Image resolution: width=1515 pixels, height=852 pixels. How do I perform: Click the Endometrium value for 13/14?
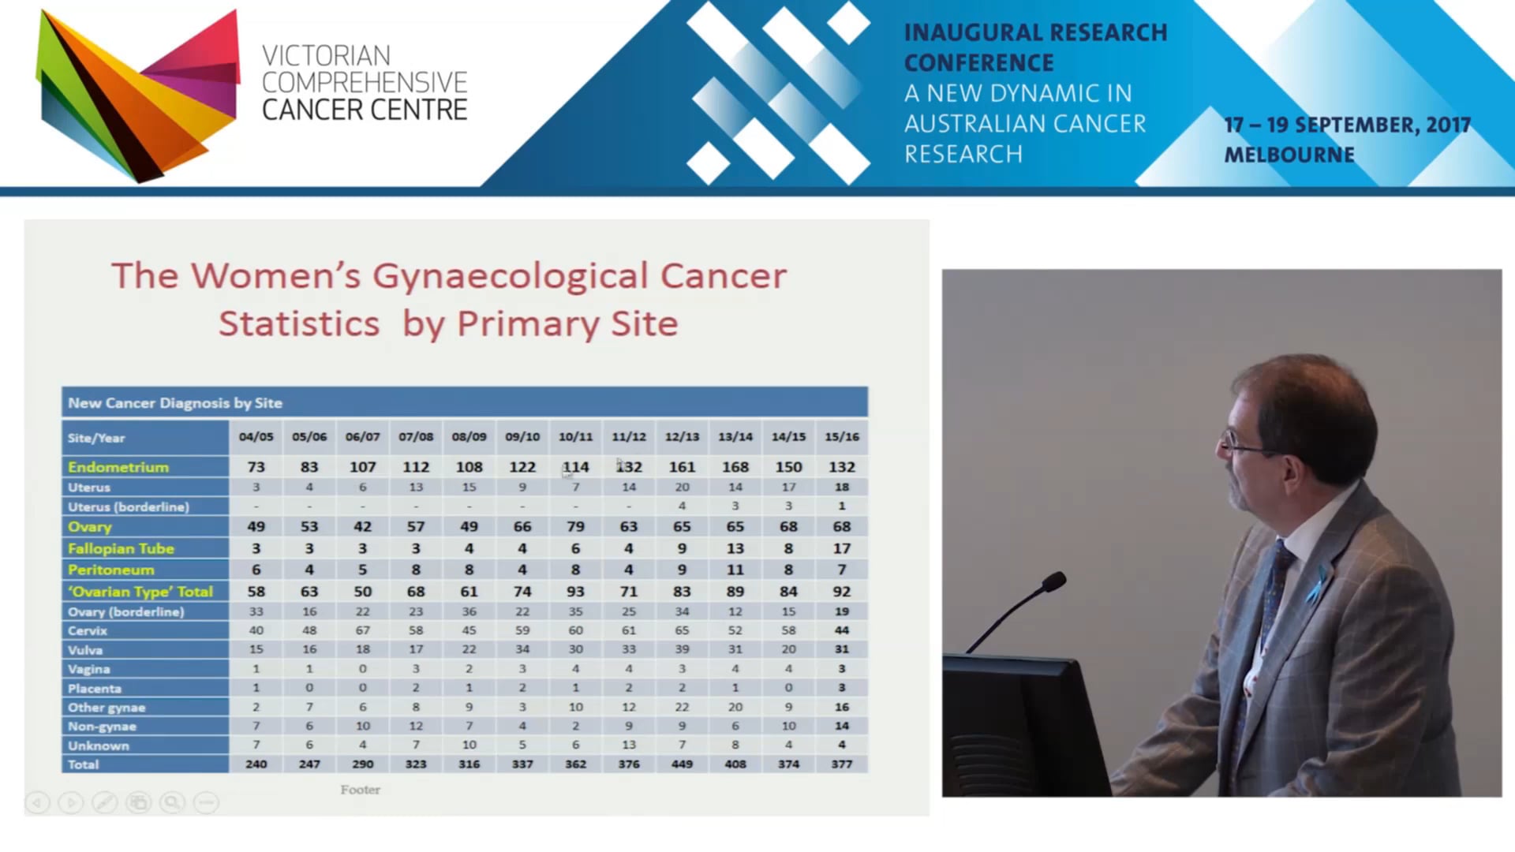(735, 467)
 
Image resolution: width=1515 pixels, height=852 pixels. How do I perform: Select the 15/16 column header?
(841, 437)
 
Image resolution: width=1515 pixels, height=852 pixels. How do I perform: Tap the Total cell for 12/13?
(682, 764)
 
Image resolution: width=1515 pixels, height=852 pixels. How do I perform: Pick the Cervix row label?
(88, 630)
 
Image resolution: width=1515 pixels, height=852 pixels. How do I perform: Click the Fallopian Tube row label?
(121, 548)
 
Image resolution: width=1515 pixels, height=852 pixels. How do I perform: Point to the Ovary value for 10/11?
(575, 526)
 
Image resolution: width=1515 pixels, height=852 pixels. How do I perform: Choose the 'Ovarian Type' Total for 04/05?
(256, 592)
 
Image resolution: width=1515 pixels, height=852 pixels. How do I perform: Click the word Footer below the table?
(360, 790)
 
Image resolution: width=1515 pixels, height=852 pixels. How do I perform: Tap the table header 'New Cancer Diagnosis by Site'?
(175, 403)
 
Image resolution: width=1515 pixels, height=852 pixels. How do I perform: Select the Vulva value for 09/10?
(522, 649)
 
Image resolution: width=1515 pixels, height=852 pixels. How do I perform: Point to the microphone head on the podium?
(1053, 583)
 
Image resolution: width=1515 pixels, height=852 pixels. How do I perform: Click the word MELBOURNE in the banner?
(1289, 155)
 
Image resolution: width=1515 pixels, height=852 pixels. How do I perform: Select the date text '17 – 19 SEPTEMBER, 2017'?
(1347, 125)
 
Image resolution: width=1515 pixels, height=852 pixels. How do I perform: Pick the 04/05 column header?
(256, 437)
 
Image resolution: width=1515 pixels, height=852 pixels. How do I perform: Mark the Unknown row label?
(99, 745)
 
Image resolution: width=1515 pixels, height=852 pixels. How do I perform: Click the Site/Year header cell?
(96, 438)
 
